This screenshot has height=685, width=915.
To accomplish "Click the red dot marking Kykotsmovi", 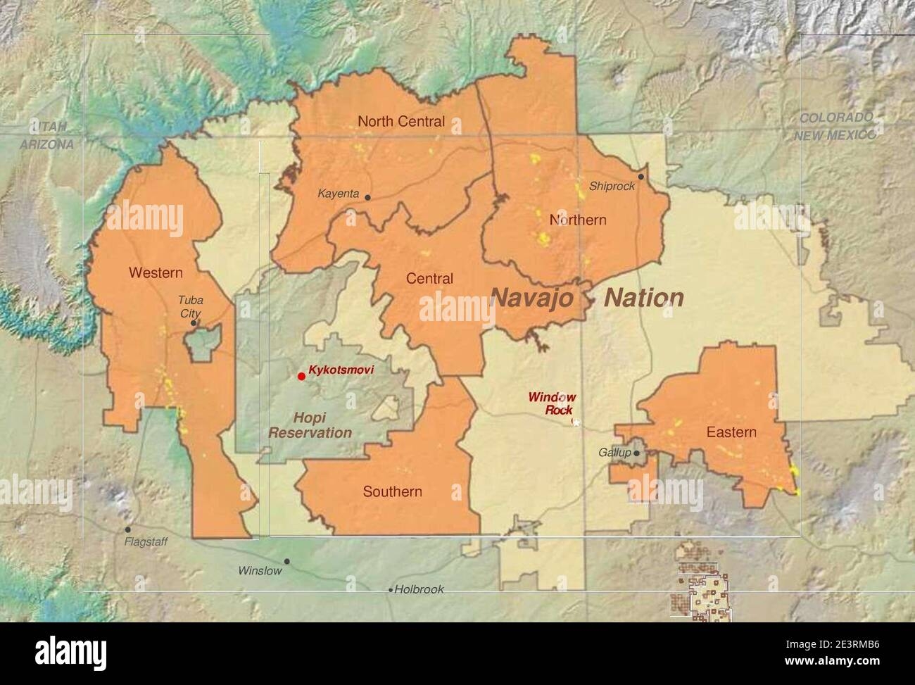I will click(301, 376).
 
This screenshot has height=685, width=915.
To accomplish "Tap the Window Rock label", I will click(553, 403).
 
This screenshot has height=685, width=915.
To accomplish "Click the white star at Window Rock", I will click(576, 422).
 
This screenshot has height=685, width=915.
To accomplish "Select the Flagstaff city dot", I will click(127, 529).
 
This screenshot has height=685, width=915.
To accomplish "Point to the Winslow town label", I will click(260, 570).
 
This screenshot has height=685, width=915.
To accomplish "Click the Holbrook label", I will click(419, 589).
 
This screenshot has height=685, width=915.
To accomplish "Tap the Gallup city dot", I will click(636, 453).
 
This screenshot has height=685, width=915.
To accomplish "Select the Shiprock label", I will click(612, 187).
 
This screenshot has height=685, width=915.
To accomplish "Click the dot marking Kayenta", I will click(367, 197).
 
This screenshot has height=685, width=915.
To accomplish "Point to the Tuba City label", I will click(189, 306).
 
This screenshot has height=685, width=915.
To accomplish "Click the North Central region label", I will click(401, 121).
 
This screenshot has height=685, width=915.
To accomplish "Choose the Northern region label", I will click(577, 220).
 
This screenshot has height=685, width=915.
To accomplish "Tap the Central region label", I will click(429, 279).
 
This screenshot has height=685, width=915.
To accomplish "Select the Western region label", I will click(156, 272).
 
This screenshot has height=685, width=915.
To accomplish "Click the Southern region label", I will click(392, 491).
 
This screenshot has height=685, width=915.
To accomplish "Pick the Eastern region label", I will click(731, 432).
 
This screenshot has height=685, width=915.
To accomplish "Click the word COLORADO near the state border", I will click(835, 118).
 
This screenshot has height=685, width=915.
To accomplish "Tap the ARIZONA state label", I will click(46, 144).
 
